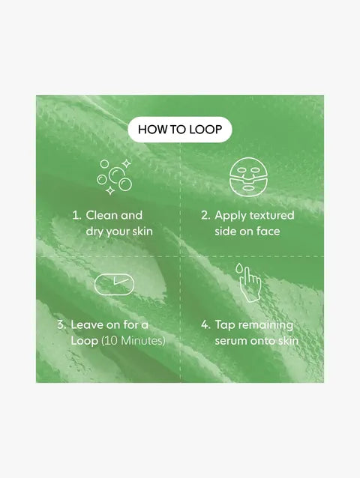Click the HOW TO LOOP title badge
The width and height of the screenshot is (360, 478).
[180, 130]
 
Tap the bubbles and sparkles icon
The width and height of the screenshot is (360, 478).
[115, 177]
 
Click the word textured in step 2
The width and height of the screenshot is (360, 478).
[272, 215]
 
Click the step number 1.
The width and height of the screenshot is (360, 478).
[76, 215]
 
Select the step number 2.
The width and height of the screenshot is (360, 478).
[205, 215]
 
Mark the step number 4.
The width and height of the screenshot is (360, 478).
[205, 325]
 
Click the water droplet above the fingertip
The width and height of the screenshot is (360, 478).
[238, 268]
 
